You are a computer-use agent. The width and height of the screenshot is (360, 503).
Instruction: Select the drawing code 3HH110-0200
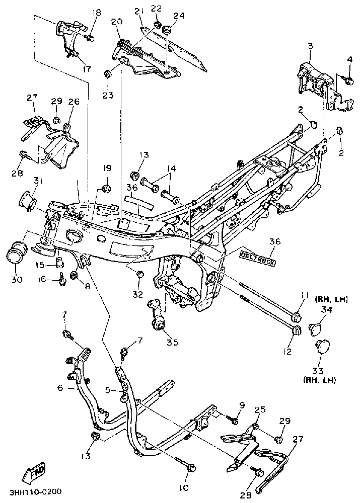pyautogui.click(x=36, y=492)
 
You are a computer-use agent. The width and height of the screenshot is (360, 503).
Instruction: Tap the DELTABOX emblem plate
pyautogui.click(x=258, y=258)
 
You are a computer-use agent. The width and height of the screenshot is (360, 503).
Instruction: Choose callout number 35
pyautogui.click(x=172, y=342)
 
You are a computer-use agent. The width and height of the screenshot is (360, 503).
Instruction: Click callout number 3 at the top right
pyautogui.click(x=310, y=46)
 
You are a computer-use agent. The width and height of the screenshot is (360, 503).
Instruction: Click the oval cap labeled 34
pyautogui.click(x=315, y=329)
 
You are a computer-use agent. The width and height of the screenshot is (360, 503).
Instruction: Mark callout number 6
pyautogui.click(x=60, y=388)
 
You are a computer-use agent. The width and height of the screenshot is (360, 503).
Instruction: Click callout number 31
pyautogui.click(x=38, y=181)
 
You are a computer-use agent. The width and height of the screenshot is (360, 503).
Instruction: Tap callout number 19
pyautogui.click(x=107, y=168)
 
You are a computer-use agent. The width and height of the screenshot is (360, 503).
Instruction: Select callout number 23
pyautogui.click(x=108, y=95)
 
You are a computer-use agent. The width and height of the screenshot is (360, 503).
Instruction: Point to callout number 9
pyautogui.click(x=241, y=405)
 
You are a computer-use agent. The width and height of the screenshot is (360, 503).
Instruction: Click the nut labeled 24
pyautogui.click(x=167, y=30)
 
